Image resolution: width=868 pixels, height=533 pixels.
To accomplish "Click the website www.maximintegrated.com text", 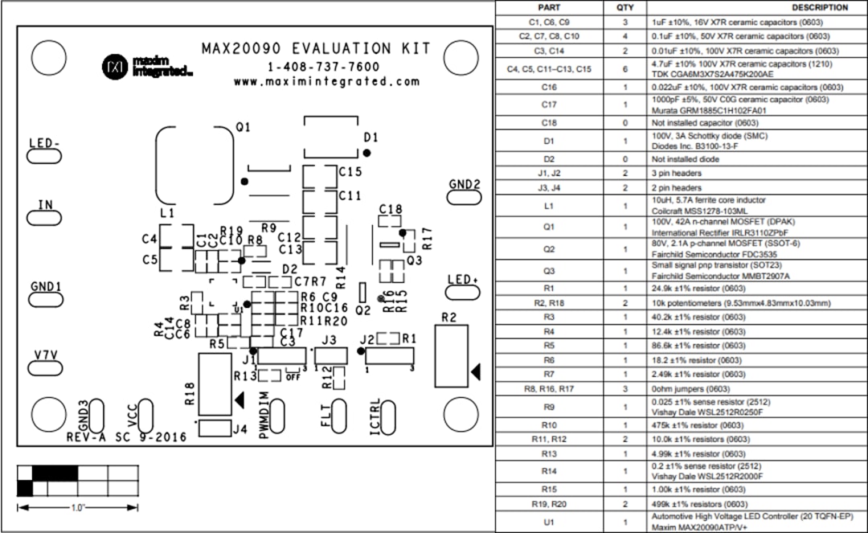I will pos(327,82).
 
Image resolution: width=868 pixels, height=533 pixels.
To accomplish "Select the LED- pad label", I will pos(45,143).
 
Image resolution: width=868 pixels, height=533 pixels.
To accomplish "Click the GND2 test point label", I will pos(465,184).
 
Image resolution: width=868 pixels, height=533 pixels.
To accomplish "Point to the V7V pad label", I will pos(46,355).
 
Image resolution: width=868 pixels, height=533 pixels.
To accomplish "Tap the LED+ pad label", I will pos(464,280).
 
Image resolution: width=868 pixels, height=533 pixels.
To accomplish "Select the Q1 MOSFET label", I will pos(243,127).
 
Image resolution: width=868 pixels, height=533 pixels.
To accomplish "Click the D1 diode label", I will pos(371,137).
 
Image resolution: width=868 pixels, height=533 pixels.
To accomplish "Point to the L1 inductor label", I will pos(167,213).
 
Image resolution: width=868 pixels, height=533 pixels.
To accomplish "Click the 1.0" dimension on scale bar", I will pos(77,507).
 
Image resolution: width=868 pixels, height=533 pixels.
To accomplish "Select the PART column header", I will pos(549,7).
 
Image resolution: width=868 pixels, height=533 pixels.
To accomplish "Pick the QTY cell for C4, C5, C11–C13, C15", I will pos(625,69).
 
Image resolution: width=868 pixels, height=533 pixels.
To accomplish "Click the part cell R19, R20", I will pos(549,504).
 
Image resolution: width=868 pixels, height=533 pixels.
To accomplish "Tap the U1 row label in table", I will pos(549,523).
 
